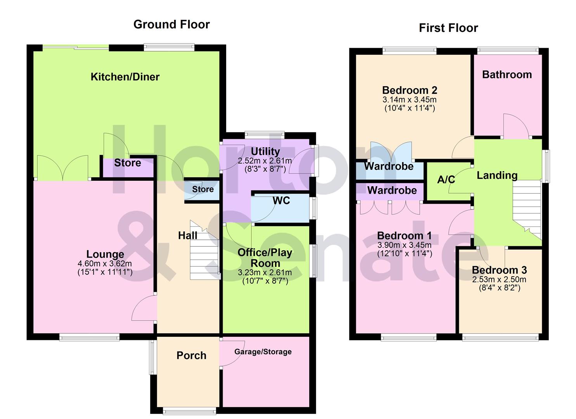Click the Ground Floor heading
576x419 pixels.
tap(171, 24)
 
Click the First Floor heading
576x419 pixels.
tap(448, 28)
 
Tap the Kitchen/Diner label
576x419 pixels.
tap(125, 77)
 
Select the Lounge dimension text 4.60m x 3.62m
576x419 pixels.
tap(105, 264)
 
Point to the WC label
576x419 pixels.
tap(281, 201)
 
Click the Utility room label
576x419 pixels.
tap(265, 151)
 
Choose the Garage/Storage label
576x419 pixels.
tap(263, 352)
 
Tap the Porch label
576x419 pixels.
tap(191, 355)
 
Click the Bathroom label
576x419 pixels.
tap(507, 74)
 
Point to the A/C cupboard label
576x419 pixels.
tap(446, 180)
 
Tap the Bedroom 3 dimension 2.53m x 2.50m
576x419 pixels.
tap(499, 280)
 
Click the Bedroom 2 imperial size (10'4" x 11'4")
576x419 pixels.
tap(410, 108)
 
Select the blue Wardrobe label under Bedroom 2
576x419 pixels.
tap(389, 166)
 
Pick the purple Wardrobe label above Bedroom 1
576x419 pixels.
tap(392, 190)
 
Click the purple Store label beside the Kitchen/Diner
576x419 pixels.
tap(127, 163)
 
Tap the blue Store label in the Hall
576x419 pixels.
tap(203, 189)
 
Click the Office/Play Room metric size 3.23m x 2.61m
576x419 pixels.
tap(265, 273)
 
